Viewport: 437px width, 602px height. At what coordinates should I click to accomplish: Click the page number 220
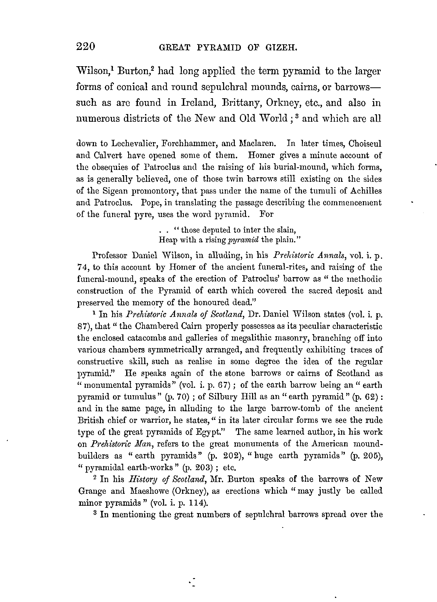pos(85,47)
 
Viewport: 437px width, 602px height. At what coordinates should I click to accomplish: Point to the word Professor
pos(110,255)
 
